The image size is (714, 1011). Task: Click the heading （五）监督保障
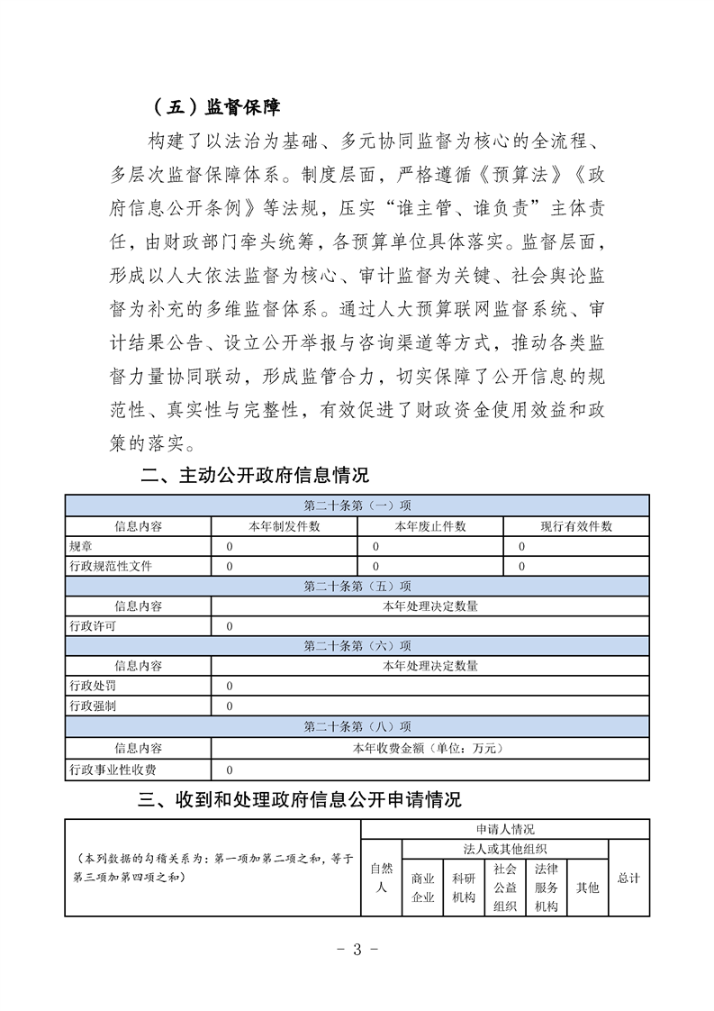tap(217, 107)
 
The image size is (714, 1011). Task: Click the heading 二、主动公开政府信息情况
tap(255, 475)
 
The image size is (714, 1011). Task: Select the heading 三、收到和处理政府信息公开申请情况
tap(299, 799)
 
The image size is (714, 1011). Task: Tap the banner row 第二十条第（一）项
tap(357, 505)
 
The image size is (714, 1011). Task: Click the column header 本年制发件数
tap(285, 526)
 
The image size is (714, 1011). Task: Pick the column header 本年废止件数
tap(430, 526)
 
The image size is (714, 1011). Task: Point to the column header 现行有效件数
tap(576, 526)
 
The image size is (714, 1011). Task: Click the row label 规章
tap(80, 546)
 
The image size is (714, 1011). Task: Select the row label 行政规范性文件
tap(111, 566)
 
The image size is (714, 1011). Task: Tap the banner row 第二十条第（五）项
tap(357, 586)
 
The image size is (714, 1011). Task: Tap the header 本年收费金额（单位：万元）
tap(430, 748)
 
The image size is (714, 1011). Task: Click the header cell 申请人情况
tap(505, 829)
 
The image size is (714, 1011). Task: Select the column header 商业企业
tap(422, 888)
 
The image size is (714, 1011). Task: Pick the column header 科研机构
tap(464, 888)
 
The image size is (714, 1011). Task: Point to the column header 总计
tap(628, 878)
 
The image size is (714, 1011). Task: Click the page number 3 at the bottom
tap(357, 949)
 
